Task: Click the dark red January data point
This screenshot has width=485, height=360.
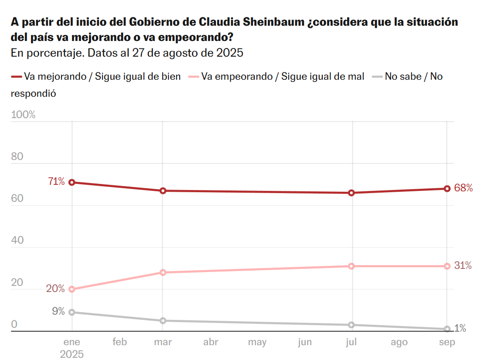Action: click(x=72, y=182)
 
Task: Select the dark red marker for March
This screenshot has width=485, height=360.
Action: click(x=163, y=190)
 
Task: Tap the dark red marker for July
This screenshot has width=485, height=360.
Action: click(x=352, y=193)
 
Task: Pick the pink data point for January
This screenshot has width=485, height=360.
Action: click(x=72, y=289)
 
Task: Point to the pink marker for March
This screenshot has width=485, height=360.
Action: click(x=163, y=272)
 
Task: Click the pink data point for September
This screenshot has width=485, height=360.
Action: click(x=447, y=266)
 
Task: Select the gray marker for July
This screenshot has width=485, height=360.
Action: click(x=352, y=325)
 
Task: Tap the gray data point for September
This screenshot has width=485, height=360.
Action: click(x=447, y=329)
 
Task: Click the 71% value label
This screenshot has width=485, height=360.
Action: click(x=56, y=182)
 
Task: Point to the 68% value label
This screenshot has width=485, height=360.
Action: click(x=463, y=188)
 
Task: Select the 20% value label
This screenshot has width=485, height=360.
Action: click(x=56, y=289)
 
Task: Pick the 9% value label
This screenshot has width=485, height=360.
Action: click(x=58, y=311)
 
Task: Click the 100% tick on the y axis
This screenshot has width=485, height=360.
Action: click(x=23, y=115)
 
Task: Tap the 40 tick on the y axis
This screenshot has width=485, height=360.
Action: click(x=17, y=240)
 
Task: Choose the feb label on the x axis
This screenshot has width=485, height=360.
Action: click(x=120, y=342)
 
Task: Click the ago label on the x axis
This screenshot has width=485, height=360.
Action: click(x=399, y=342)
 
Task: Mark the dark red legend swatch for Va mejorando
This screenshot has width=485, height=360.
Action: click(x=16, y=77)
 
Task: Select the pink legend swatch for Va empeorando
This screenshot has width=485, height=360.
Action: click(x=194, y=77)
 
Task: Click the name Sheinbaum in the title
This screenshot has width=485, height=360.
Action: click(x=266, y=22)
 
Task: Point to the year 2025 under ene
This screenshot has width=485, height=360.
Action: click(x=72, y=353)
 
